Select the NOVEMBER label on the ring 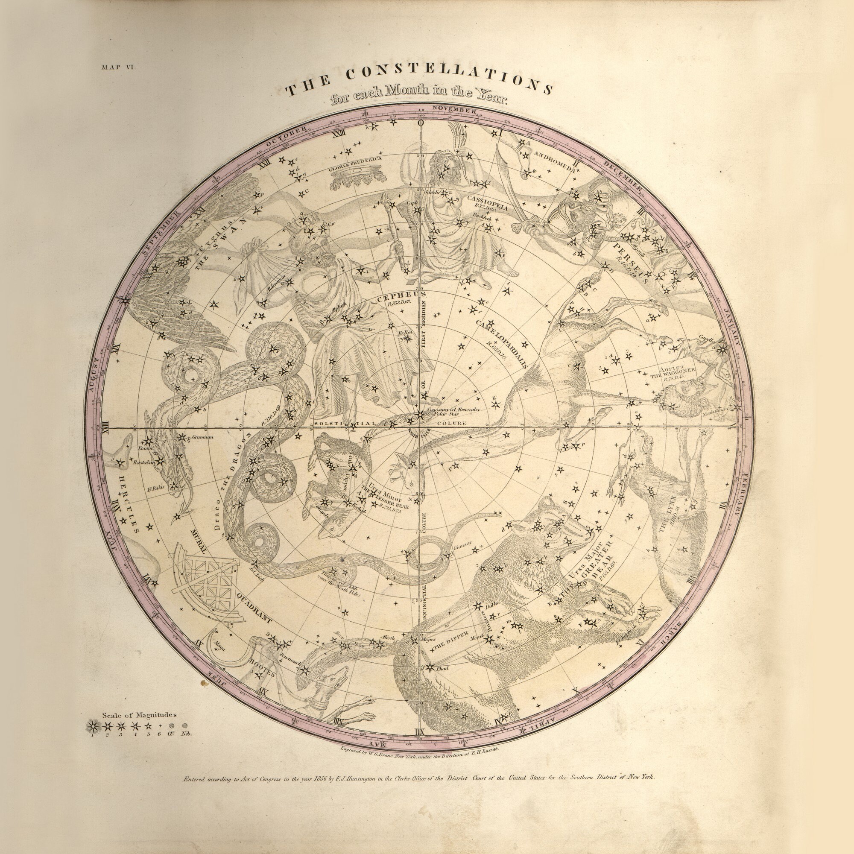pos(454,109)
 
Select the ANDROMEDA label pos(555,162)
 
